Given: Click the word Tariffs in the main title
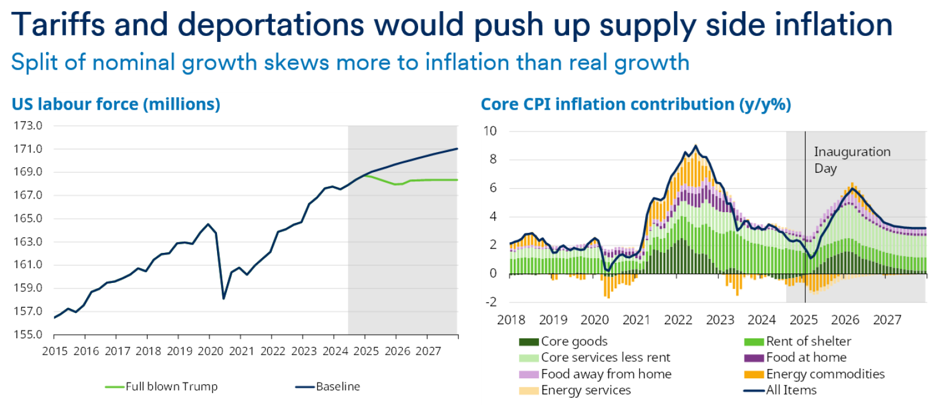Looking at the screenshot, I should click(x=57, y=25).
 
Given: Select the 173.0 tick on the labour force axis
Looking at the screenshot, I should click(x=28, y=126).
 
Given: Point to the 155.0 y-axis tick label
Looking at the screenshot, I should click(x=28, y=335).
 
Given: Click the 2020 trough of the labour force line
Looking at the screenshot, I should click(x=224, y=298).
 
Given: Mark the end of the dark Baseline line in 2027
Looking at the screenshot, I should click(x=457, y=149).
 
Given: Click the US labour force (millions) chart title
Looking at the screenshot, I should click(x=116, y=104).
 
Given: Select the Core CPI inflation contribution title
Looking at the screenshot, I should click(x=636, y=104).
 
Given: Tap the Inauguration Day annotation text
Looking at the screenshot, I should click(x=852, y=160).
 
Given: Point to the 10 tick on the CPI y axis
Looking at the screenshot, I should click(x=490, y=131).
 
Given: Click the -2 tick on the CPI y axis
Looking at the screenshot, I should click(x=490, y=302).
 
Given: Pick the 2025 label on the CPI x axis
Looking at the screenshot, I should click(x=803, y=320).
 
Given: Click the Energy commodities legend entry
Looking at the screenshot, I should click(x=825, y=374).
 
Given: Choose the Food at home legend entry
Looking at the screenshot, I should click(x=806, y=357).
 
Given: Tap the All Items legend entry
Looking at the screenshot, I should click(x=791, y=390).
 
